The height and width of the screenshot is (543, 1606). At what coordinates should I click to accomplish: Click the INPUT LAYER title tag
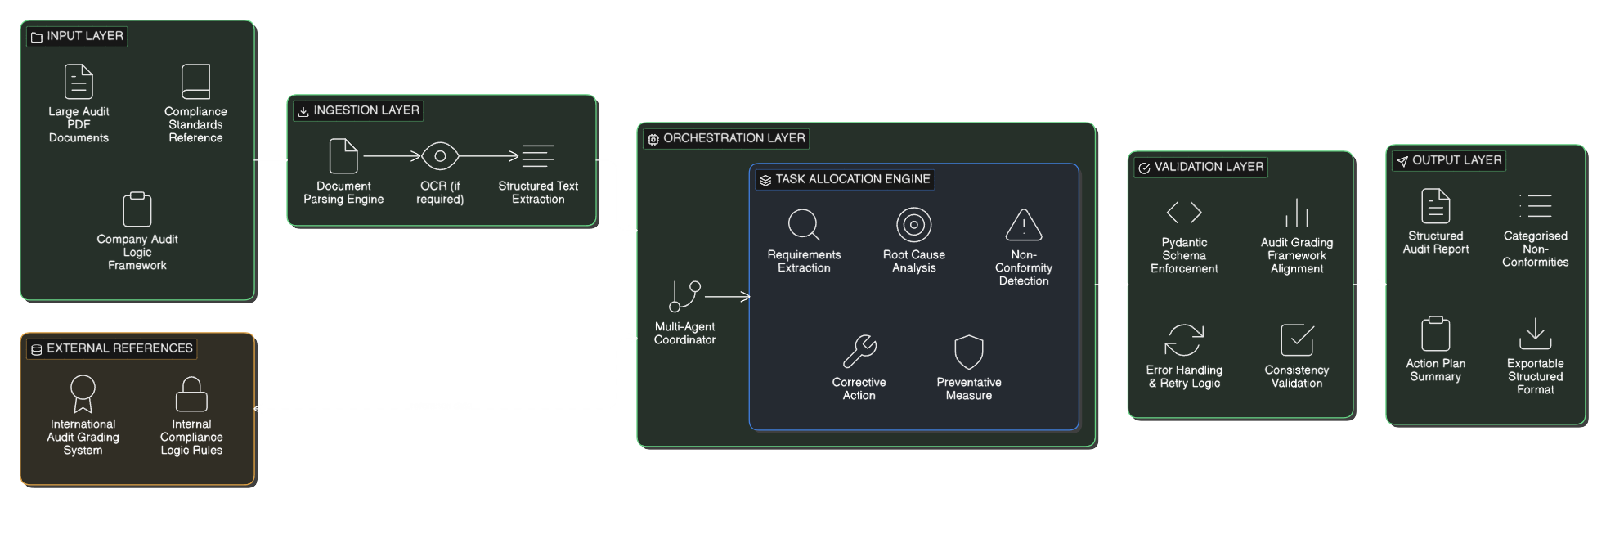[77, 36]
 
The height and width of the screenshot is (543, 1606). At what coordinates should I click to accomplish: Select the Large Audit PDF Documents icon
[79, 82]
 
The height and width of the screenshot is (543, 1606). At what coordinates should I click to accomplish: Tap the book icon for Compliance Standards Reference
[195, 82]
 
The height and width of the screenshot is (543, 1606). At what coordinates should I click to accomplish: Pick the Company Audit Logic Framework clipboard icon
[137, 209]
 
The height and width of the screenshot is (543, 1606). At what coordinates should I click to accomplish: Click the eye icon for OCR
[440, 156]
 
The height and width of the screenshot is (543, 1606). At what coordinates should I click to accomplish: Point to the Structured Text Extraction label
[538, 192]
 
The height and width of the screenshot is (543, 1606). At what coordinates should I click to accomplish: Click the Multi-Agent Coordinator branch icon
[684, 297]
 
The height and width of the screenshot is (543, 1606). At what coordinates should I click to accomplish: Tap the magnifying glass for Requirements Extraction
[804, 225]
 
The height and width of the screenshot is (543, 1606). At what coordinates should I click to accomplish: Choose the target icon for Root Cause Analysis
[913, 225]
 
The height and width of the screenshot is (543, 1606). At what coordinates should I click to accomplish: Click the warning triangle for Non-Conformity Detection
[1023, 225]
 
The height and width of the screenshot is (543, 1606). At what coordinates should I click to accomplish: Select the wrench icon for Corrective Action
[859, 352]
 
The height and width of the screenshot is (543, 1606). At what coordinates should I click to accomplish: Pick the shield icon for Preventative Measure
[969, 352]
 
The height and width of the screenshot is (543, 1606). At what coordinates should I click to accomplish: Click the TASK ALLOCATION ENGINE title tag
[844, 179]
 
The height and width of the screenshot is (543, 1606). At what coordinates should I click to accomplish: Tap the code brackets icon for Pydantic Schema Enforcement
[1184, 213]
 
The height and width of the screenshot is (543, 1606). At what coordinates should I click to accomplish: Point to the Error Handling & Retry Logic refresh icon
[1184, 340]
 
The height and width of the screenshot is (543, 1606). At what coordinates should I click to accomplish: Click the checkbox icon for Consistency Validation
[1297, 340]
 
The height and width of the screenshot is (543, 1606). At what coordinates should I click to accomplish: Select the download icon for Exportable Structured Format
[1535, 334]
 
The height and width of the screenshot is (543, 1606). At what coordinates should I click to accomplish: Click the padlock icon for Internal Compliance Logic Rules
[191, 394]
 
